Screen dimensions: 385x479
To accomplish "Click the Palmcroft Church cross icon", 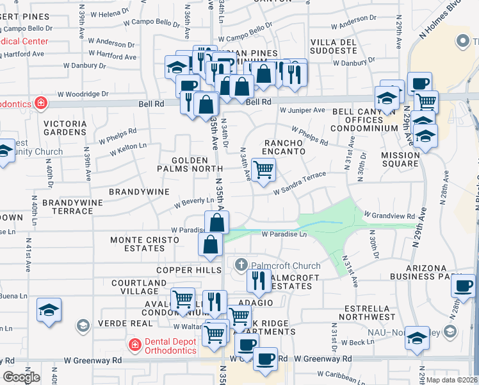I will click(241, 264).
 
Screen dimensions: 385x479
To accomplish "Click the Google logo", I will click(21, 377).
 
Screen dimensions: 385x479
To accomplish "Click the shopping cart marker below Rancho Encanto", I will click(263, 170).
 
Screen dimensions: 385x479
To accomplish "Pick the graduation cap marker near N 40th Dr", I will click(49, 310).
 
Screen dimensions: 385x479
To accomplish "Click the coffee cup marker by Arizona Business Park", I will click(463, 286).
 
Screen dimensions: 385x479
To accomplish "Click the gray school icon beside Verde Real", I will click(83, 327).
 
